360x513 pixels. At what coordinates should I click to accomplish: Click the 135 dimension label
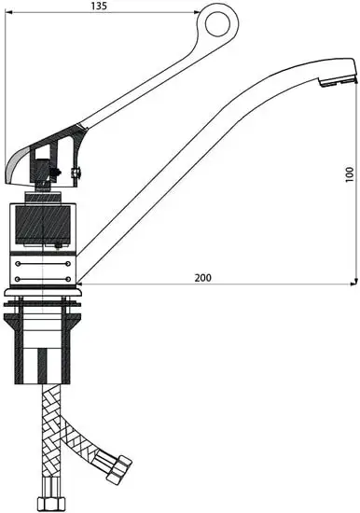99,6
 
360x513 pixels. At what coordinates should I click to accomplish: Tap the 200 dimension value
203,278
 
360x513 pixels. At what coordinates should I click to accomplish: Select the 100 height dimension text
350,174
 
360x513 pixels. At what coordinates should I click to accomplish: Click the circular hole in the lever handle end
217,24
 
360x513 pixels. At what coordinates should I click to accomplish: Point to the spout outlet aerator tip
337,81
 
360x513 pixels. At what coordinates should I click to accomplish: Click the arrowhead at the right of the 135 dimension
197,12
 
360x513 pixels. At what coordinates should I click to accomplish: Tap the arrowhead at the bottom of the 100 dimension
354,282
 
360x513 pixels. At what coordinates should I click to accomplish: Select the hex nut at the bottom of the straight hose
50,505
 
